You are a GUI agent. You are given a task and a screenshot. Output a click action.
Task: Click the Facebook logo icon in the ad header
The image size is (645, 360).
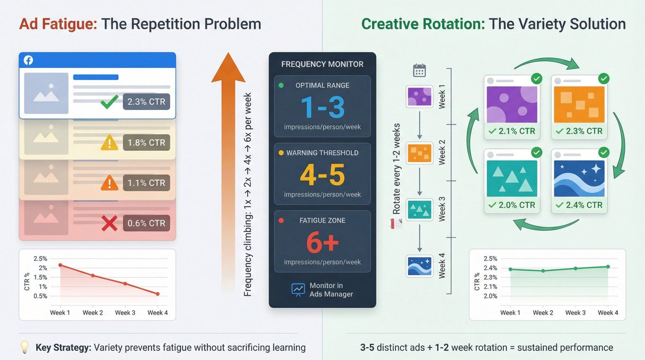coord(28,60)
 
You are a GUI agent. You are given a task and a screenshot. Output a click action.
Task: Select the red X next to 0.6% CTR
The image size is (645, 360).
coord(110,223)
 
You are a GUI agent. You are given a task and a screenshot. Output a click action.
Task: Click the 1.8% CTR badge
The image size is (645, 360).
coord(146,143)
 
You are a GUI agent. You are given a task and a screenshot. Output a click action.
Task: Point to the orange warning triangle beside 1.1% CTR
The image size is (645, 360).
coord(110,183)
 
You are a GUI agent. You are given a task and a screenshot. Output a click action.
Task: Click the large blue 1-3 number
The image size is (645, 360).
coord(322,108)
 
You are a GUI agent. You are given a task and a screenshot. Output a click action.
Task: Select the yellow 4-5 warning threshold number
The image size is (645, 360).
coord(322,175)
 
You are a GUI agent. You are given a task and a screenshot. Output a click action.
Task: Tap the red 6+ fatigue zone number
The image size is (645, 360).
coord(322,243)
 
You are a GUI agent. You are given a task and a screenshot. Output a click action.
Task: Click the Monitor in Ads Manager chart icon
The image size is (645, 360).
coord(298,290)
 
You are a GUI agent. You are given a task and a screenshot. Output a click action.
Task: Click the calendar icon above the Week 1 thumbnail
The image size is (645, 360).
coord(419,70)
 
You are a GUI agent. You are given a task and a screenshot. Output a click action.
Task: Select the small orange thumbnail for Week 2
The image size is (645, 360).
coord(419,151)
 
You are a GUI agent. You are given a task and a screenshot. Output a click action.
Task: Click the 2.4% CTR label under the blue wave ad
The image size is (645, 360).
coord(579,205)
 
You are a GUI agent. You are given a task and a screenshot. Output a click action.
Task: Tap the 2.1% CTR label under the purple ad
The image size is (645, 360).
coord(512,131)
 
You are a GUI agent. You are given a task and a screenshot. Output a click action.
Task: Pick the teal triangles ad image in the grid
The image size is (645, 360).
coord(512,178)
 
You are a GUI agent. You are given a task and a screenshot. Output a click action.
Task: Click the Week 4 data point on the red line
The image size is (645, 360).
coord(158,294)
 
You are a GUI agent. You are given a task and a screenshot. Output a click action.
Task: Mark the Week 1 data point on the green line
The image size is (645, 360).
coord(510,269)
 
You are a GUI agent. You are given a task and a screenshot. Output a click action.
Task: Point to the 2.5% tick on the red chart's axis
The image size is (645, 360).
coord(41,258)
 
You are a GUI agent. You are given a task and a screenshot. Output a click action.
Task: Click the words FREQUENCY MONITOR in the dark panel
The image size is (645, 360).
coord(322,64)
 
